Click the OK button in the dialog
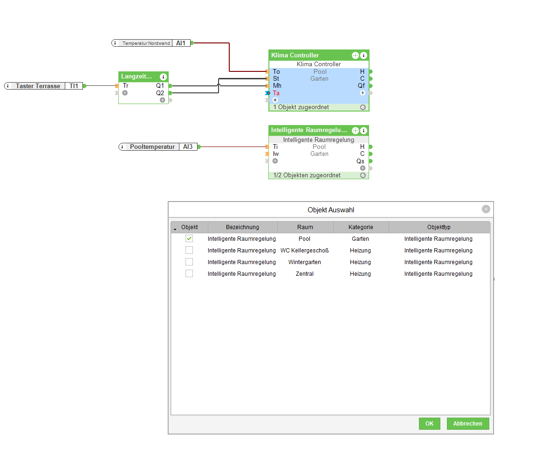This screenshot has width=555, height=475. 429,424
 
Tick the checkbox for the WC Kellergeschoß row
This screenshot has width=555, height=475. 189,251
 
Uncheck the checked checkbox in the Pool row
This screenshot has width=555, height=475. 189,238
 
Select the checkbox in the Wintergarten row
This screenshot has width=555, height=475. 189,262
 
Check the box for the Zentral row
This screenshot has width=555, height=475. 189,274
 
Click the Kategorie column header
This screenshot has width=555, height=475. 361,227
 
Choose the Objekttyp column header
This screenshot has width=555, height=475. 439,227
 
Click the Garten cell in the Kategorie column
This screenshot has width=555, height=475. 360,239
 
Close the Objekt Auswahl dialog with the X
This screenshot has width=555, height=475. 486,209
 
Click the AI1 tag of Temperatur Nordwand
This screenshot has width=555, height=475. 181,43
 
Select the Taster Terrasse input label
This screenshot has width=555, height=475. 38,86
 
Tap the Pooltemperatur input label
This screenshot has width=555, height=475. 152,147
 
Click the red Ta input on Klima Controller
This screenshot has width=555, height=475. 276,93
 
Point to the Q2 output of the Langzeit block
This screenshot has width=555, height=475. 160,93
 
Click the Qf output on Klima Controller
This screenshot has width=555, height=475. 361,85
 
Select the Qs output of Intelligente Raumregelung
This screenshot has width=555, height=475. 360,161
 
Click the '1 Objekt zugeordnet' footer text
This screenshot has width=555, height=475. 301,107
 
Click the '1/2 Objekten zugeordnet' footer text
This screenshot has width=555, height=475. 307,175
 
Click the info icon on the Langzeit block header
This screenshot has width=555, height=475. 163,77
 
